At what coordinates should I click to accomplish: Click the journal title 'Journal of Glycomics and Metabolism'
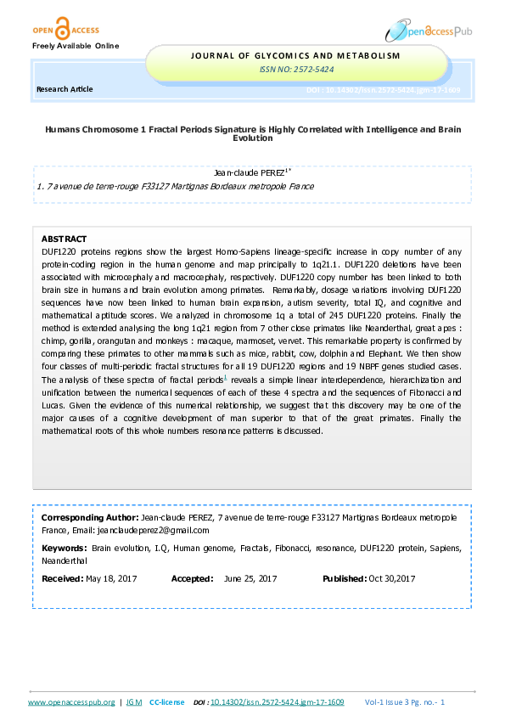point(296,56)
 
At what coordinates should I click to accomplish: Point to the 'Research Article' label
point(65,89)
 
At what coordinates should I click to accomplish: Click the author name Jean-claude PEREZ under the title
point(251,172)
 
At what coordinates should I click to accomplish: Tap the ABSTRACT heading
point(64,239)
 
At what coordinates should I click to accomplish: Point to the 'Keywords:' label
point(64,549)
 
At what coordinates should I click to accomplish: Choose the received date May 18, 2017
point(112,579)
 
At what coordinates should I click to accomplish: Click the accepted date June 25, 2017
point(250,579)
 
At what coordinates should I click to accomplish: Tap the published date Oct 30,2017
point(391,579)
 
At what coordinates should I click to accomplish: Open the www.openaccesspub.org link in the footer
point(71,702)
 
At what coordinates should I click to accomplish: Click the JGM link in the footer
point(133,702)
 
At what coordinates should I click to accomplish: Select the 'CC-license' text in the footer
point(167,702)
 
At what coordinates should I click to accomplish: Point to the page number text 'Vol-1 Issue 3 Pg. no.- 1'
point(417,702)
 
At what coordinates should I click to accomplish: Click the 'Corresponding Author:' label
point(90,517)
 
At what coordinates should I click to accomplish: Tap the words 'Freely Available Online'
point(76,45)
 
